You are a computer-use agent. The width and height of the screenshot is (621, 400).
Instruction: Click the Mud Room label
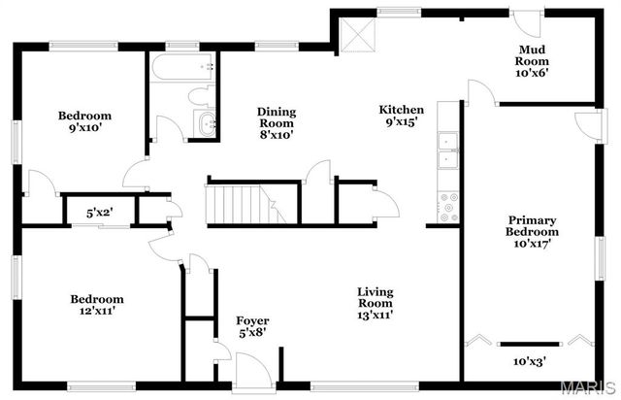(x=533, y=61)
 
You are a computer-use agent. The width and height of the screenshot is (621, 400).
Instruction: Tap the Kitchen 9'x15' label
(x=401, y=117)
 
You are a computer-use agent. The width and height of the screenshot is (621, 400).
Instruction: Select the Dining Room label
(x=277, y=123)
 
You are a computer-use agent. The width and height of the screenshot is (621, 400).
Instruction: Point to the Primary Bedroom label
(x=533, y=232)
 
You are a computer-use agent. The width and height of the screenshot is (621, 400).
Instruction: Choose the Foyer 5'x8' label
(x=252, y=326)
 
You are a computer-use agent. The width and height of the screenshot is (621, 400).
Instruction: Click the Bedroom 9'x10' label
(x=83, y=121)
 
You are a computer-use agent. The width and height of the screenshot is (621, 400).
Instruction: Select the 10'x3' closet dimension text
(x=529, y=361)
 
